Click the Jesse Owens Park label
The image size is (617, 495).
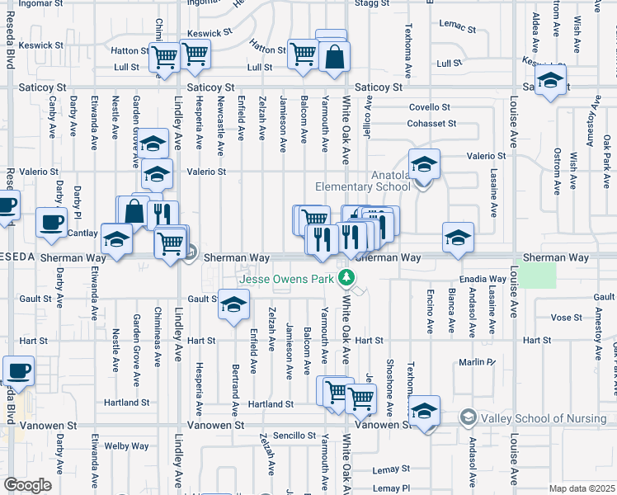tap(286, 279)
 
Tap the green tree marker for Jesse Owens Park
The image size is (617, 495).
tap(349, 278)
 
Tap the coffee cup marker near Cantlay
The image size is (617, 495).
tap(51, 221)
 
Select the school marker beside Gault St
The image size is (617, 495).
tap(233, 305)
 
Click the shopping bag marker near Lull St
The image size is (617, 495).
tap(335, 57)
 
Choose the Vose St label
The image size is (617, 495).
tap(566, 318)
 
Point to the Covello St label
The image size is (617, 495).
tap(429, 107)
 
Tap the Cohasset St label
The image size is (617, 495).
tap(431, 124)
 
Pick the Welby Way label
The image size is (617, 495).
tap(127, 446)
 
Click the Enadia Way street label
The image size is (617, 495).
tap(484, 280)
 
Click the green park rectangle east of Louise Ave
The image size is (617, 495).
tap(538, 274)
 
